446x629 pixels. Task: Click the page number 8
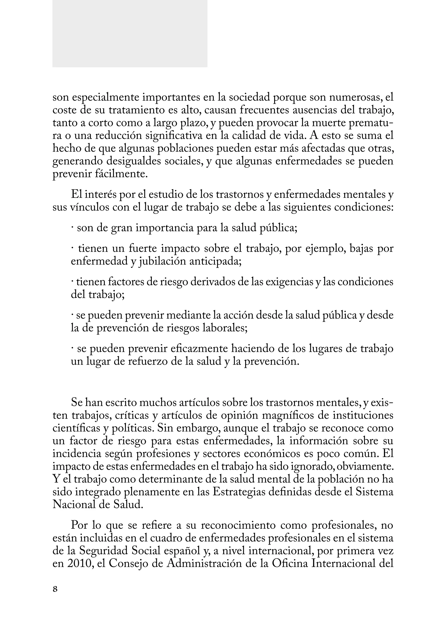point(55,589)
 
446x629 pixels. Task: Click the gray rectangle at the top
point(130,33)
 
